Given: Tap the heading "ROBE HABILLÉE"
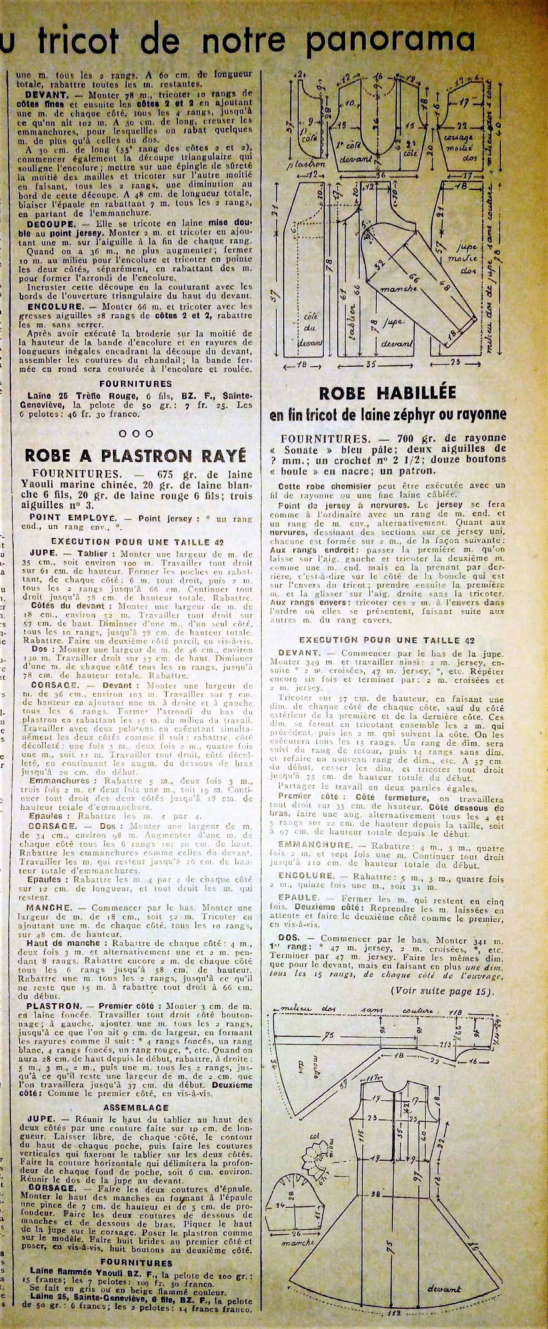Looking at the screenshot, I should coord(387,393).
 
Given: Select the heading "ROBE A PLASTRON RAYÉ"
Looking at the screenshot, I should coord(135,455).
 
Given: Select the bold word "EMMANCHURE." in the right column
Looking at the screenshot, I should coord(315,845).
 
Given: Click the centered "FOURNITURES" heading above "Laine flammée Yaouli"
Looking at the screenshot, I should coord(136,1263).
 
